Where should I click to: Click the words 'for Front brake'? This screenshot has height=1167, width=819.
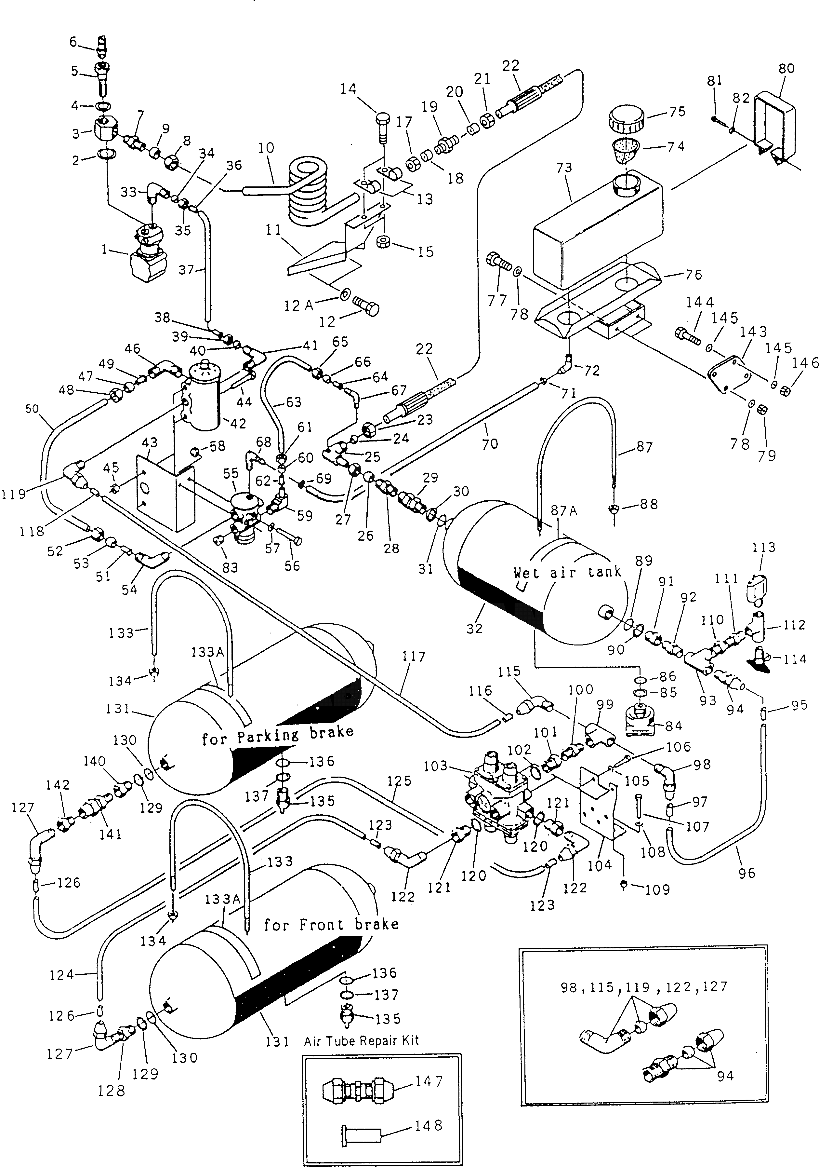331,924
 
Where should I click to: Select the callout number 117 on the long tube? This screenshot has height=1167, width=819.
414,657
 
